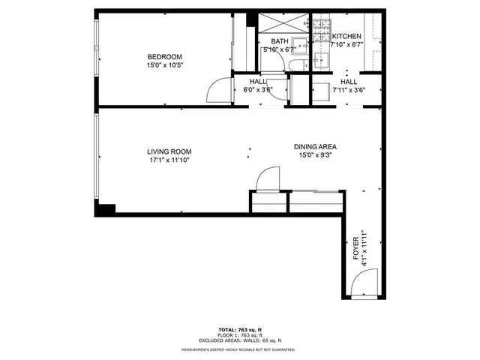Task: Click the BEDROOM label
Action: click(164, 57)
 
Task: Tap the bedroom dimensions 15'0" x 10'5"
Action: click(164, 65)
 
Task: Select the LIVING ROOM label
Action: click(169, 151)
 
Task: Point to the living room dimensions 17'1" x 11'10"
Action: click(169, 159)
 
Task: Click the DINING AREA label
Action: click(313, 147)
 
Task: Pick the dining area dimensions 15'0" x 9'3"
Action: click(313, 155)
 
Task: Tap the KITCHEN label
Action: click(346, 37)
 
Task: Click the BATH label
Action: click(279, 41)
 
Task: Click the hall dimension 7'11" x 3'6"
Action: click(348, 90)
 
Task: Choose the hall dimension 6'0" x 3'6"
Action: click(258, 90)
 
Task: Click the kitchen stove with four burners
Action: click(322, 30)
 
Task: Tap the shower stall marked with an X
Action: click(282, 22)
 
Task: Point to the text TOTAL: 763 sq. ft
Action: click(239, 330)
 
